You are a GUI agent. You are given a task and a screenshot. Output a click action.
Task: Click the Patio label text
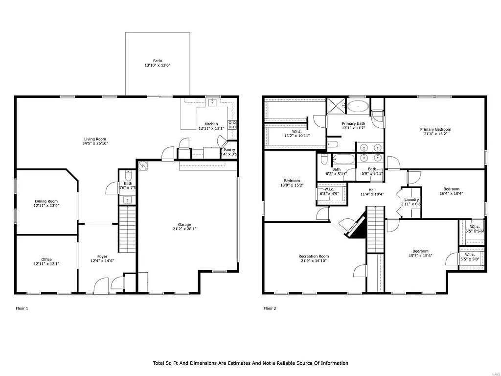pos(157,60)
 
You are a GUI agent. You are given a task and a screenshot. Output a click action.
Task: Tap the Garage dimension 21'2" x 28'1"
pos(185,229)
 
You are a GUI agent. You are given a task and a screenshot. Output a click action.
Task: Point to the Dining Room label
pos(46,201)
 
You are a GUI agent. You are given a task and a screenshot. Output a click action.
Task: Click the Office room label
pos(46,259)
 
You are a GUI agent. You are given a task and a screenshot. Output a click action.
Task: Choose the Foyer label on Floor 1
pos(102,257)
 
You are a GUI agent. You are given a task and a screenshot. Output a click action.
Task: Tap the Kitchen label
pos(211,124)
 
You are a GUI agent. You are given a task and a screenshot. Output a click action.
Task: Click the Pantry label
pos(229,150)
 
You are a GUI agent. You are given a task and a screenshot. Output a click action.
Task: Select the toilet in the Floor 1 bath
pos(128,174)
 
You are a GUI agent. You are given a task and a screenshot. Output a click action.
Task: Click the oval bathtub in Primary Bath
pos(359,105)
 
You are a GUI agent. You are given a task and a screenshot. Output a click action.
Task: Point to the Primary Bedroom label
pos(435,129)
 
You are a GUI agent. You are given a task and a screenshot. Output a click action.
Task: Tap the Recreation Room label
pos(314,256)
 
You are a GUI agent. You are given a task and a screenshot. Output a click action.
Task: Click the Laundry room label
pos(411,199)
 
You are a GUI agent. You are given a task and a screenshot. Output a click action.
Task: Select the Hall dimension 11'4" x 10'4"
pos(372,194)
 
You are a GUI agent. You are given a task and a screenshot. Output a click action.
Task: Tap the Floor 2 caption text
pos(270,308)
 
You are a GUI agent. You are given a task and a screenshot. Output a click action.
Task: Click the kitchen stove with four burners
pos(232,124)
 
